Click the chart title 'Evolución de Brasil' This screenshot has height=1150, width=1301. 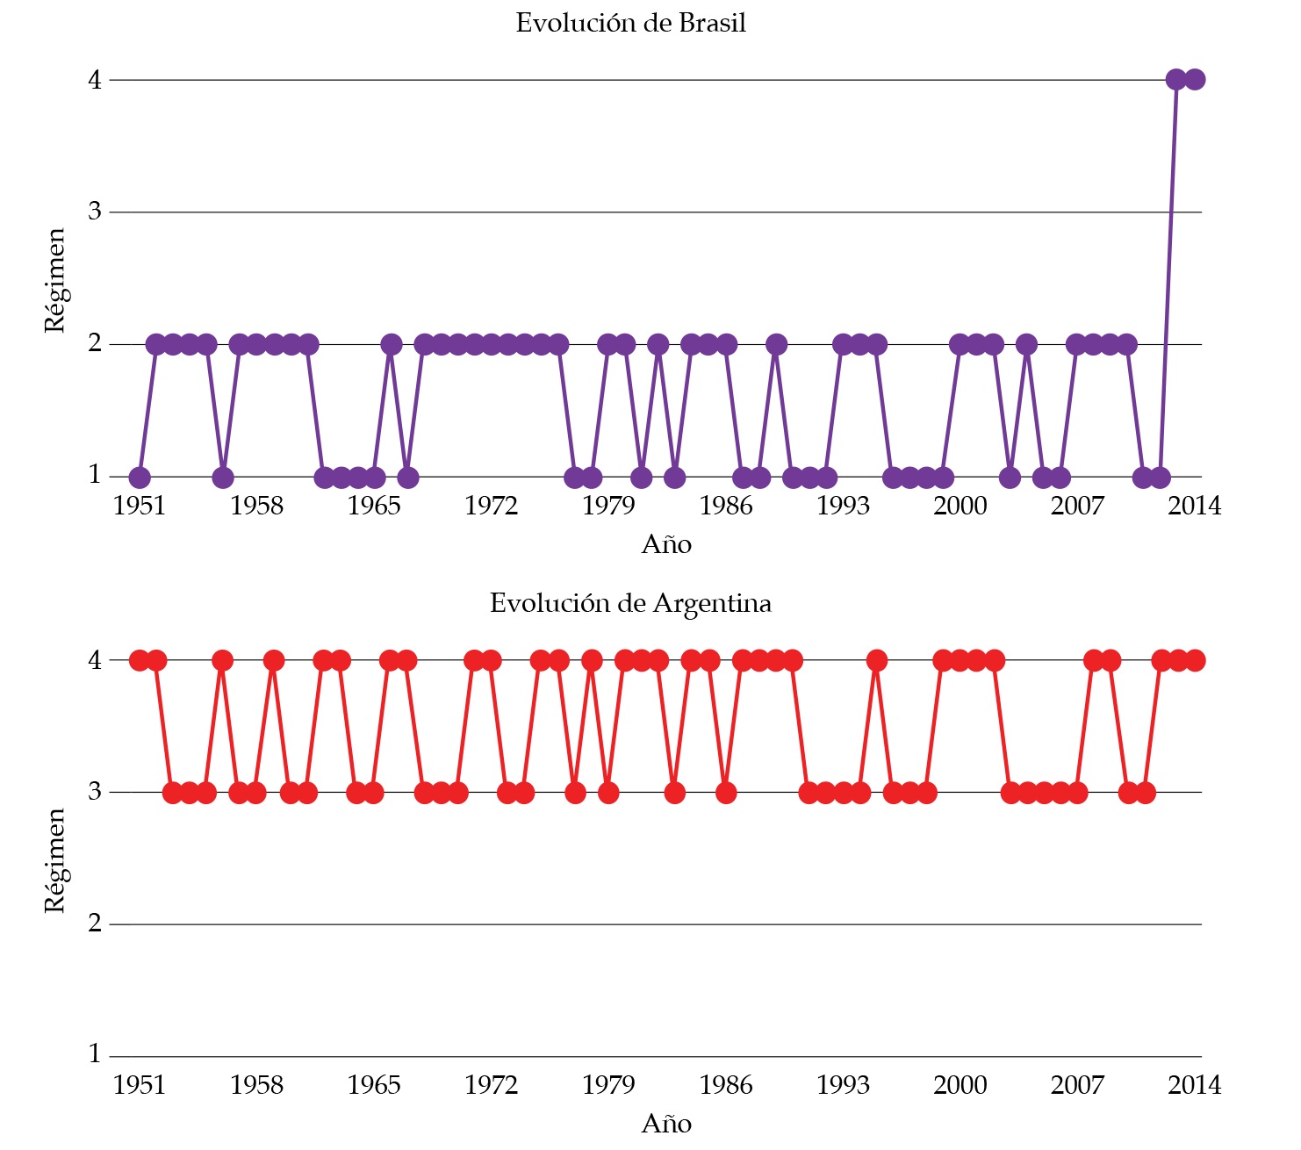[630, 24]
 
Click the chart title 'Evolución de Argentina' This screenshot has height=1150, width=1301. [630, 604]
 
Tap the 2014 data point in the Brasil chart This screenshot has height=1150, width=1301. [1194, 80]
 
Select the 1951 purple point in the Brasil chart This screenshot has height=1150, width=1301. [140, 478]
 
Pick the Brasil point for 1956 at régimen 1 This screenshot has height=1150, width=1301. [223, 478]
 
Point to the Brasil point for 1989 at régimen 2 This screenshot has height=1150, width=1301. [776, 344]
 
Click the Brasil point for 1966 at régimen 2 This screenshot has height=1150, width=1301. [391, 344]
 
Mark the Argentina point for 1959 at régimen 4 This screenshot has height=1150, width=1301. [274, 660]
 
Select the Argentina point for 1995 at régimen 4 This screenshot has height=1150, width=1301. [876, 660]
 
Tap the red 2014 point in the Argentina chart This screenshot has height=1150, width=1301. [1194, 660]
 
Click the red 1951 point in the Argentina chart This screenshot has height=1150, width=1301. [140, 660]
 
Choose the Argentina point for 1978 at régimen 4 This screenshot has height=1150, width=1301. [592, 660]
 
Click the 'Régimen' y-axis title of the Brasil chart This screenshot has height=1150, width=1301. [55, 280]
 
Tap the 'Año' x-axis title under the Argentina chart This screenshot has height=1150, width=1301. [666, 1125]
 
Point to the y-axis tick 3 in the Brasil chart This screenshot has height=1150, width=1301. [95, 212]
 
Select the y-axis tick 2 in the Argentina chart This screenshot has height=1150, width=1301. [95, 924]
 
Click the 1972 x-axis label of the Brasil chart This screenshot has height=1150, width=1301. [491, 507]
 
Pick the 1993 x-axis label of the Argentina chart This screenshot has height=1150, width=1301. [843, 1086]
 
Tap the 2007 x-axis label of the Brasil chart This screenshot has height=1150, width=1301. [1077, 507]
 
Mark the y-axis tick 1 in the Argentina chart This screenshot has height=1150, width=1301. [95, 1054]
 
